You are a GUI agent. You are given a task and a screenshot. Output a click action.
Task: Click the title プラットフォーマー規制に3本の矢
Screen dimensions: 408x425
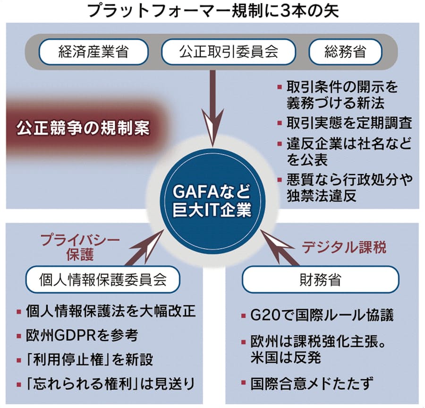212,11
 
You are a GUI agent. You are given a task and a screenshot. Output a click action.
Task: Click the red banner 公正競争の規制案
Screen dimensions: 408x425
83,128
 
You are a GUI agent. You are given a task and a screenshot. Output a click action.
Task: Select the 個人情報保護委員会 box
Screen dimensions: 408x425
103,280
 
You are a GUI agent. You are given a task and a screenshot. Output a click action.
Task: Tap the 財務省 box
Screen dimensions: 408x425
320,280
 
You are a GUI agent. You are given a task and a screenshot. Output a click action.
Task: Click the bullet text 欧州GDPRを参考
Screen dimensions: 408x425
83,335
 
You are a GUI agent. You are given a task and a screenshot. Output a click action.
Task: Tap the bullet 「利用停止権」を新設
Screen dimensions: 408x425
90,359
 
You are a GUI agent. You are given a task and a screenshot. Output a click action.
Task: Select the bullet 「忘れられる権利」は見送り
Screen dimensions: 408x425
111,383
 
